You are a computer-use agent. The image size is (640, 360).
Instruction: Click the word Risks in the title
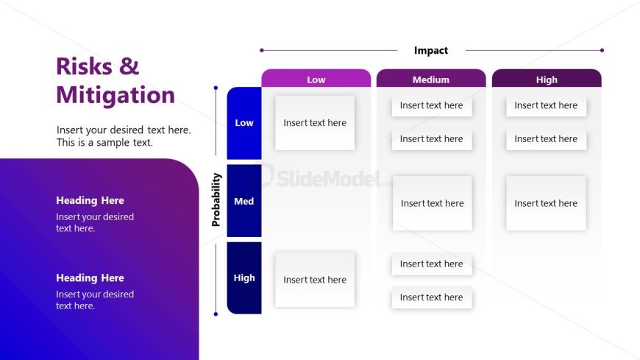point(82,66)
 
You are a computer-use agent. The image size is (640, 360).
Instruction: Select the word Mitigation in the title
point(115,95)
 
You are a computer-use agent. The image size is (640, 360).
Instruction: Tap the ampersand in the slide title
point(129,66)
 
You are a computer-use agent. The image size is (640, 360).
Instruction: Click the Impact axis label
point(431,51)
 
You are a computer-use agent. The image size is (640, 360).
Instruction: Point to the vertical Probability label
point(216,200)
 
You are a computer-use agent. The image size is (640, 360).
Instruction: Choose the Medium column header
point(431,80)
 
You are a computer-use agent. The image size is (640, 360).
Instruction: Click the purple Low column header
point(316,80)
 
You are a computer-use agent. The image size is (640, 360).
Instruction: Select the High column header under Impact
point(547,80)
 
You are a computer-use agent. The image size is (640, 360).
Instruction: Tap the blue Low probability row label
point(244,123)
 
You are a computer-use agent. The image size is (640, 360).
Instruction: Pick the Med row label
point(244,201)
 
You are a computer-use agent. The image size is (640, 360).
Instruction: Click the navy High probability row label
point(244,278)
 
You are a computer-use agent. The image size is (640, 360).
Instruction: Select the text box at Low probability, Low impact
point(315,123)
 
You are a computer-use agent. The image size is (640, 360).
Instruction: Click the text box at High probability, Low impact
point(315,280)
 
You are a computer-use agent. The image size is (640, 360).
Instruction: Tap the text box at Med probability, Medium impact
point(433,203)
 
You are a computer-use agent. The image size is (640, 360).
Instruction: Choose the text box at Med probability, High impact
point(546,203)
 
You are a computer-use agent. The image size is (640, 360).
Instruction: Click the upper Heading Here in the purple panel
point(90,200)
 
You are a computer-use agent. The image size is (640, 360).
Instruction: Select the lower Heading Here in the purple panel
point(90,278)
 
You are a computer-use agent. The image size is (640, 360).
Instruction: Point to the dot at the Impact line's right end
point(602,51)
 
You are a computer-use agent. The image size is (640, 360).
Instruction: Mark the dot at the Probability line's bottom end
point(216,314)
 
